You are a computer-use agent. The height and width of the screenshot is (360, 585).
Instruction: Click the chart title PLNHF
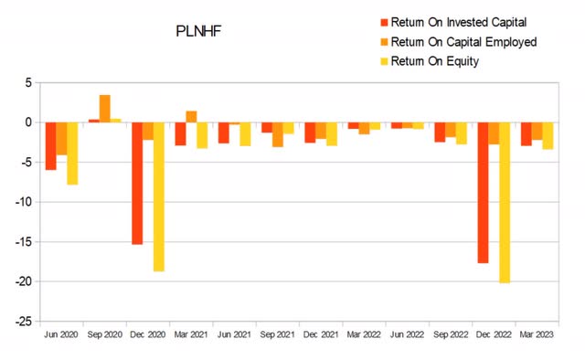click(198, 31)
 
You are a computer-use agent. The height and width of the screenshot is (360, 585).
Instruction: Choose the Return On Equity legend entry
click(435, 61)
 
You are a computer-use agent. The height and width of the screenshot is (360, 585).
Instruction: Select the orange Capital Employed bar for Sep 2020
click(105, 108)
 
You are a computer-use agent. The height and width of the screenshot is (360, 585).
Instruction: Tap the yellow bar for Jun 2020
click(72, 153)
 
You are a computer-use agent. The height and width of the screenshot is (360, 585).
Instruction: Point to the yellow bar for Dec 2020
click(159, 196)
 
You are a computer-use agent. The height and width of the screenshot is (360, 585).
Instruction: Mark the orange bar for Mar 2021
click(191, 116)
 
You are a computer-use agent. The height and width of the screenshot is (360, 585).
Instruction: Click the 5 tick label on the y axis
click(30, 82)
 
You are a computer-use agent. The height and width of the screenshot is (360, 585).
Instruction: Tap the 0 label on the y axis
click(30, 122)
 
